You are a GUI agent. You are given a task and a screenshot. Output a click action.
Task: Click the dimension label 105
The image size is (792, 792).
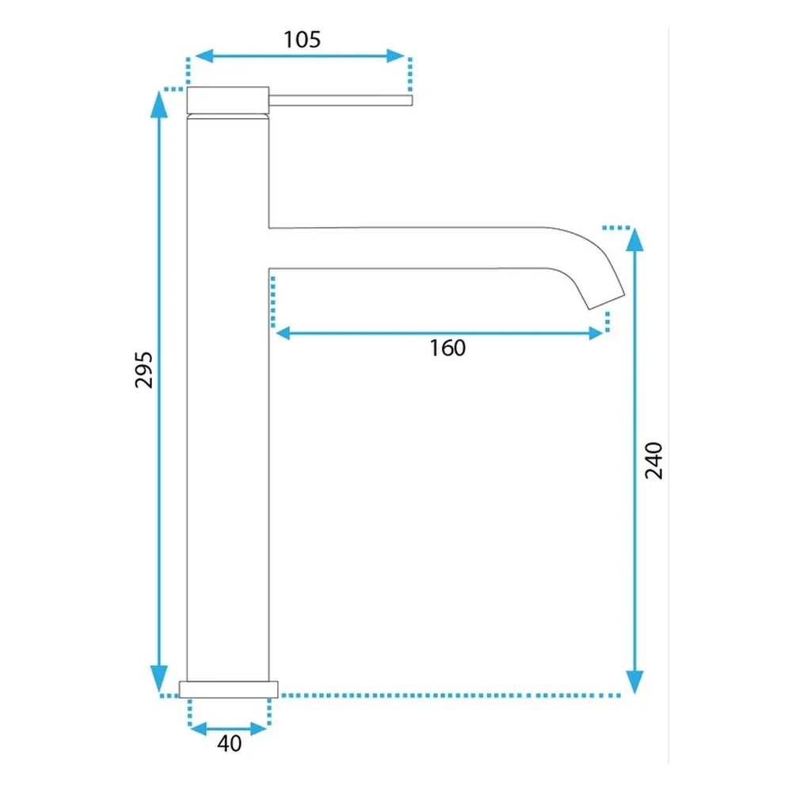302,40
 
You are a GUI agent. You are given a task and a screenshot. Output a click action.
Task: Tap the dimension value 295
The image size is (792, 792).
144,370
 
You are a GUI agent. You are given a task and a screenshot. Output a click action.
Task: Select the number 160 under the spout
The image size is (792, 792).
447,348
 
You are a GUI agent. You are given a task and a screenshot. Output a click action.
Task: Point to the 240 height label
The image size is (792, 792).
653,460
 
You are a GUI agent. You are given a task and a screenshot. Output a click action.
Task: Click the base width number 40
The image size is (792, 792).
230,744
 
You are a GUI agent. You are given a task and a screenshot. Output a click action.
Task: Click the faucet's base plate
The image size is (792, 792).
228,690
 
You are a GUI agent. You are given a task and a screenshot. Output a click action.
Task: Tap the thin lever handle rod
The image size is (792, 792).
341,100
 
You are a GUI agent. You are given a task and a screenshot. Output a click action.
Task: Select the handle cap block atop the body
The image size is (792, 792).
228,100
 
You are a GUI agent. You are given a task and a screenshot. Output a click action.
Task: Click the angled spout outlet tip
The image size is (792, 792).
606,301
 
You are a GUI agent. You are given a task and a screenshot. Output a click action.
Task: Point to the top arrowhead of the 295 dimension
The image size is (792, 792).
159,105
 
